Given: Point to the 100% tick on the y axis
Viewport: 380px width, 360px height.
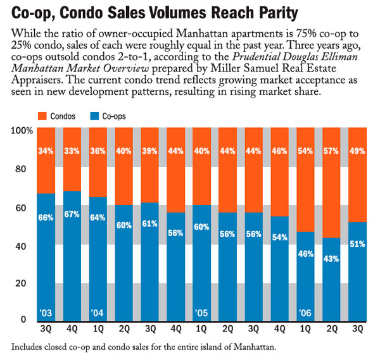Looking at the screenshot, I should tap(21, 130).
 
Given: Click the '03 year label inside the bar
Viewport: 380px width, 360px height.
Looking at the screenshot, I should tap(45, 313).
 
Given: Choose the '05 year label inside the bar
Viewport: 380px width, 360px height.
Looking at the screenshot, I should tap(200, 313).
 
